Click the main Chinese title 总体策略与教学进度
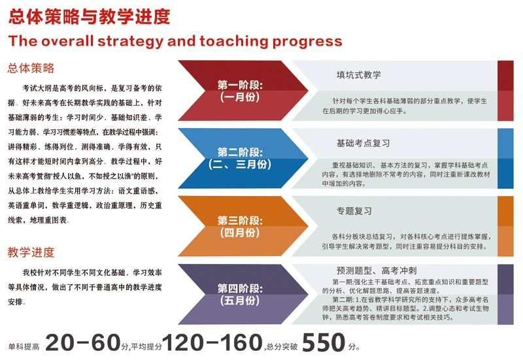[x=89, y=17]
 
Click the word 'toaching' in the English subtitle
[x=233, y=41]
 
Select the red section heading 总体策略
[x=31, y=68]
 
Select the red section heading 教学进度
[x=31, y=252]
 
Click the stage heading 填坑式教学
[x=358, y=74]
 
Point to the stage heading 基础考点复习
[x=363, y=143]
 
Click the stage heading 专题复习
[x=354, y=211]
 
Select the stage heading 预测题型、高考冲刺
[x=377, y=270]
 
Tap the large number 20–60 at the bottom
[x=83, y=342]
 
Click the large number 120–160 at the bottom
[x=212, y=342]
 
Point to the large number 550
[x=323, y=342]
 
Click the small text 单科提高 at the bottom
[x=24, y=347]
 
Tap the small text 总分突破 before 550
[x=282, y=347]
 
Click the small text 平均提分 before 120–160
[x=146, y=347]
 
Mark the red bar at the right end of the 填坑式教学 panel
[x=505, y=91]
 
